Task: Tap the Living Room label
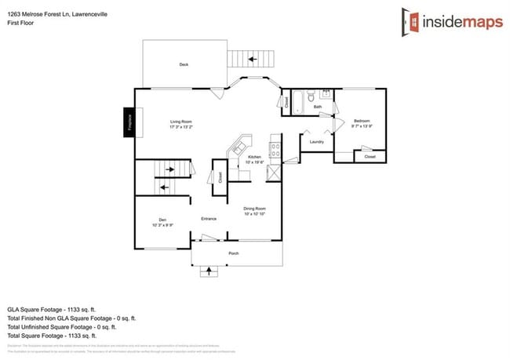(181, 122)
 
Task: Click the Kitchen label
(255, 158)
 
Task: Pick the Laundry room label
(317, 142)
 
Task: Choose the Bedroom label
(362, 121)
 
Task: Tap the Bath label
(317, 107)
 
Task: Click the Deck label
(184, 64)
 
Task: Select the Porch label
(233, 253)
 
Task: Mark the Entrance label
(209, 218)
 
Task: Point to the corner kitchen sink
(239, 147)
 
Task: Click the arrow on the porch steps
(209, 271)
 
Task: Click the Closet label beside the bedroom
(370, 157)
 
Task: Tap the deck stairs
(252, 60)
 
